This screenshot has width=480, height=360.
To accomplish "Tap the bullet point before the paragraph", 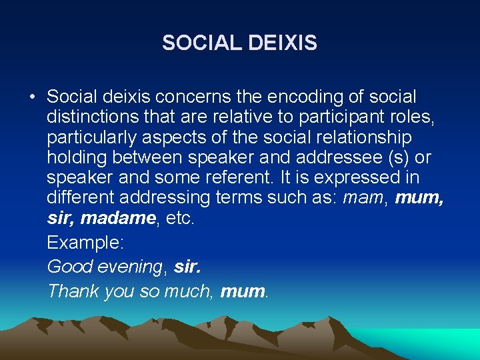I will (32, 97).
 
